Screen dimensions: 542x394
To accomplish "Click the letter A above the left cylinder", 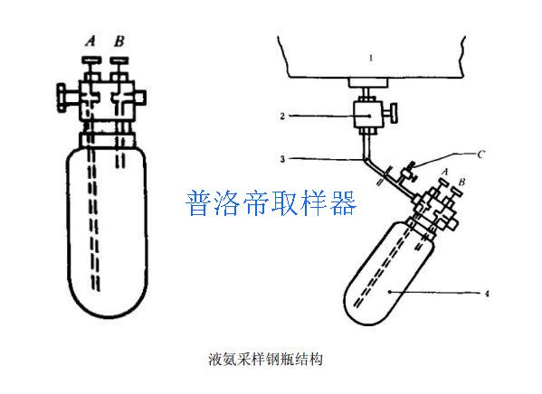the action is pos(90,41).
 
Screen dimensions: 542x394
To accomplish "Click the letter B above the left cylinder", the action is pos(119,41).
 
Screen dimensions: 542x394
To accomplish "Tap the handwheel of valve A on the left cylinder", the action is pos(91,61).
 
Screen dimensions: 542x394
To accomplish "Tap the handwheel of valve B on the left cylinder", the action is pos(119,61).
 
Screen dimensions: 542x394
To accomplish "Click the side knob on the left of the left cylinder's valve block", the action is pos(62,98).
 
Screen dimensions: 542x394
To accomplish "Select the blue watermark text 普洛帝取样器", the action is pos(271,203).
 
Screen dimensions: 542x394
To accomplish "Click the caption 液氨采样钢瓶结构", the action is pos(265,359).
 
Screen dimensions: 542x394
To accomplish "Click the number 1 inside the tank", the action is pos(371,58).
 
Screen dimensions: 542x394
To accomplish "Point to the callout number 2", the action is pos(282,116).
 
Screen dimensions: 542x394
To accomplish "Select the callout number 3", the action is pos(282,159).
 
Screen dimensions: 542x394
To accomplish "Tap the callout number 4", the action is pos(487,294).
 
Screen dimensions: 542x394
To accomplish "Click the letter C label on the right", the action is pos(480,155).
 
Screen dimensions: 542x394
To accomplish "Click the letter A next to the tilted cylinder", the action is pos(445,172).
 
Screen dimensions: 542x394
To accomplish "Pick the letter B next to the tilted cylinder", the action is pos(461,182).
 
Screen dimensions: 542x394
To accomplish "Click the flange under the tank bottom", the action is pos(368,82).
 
